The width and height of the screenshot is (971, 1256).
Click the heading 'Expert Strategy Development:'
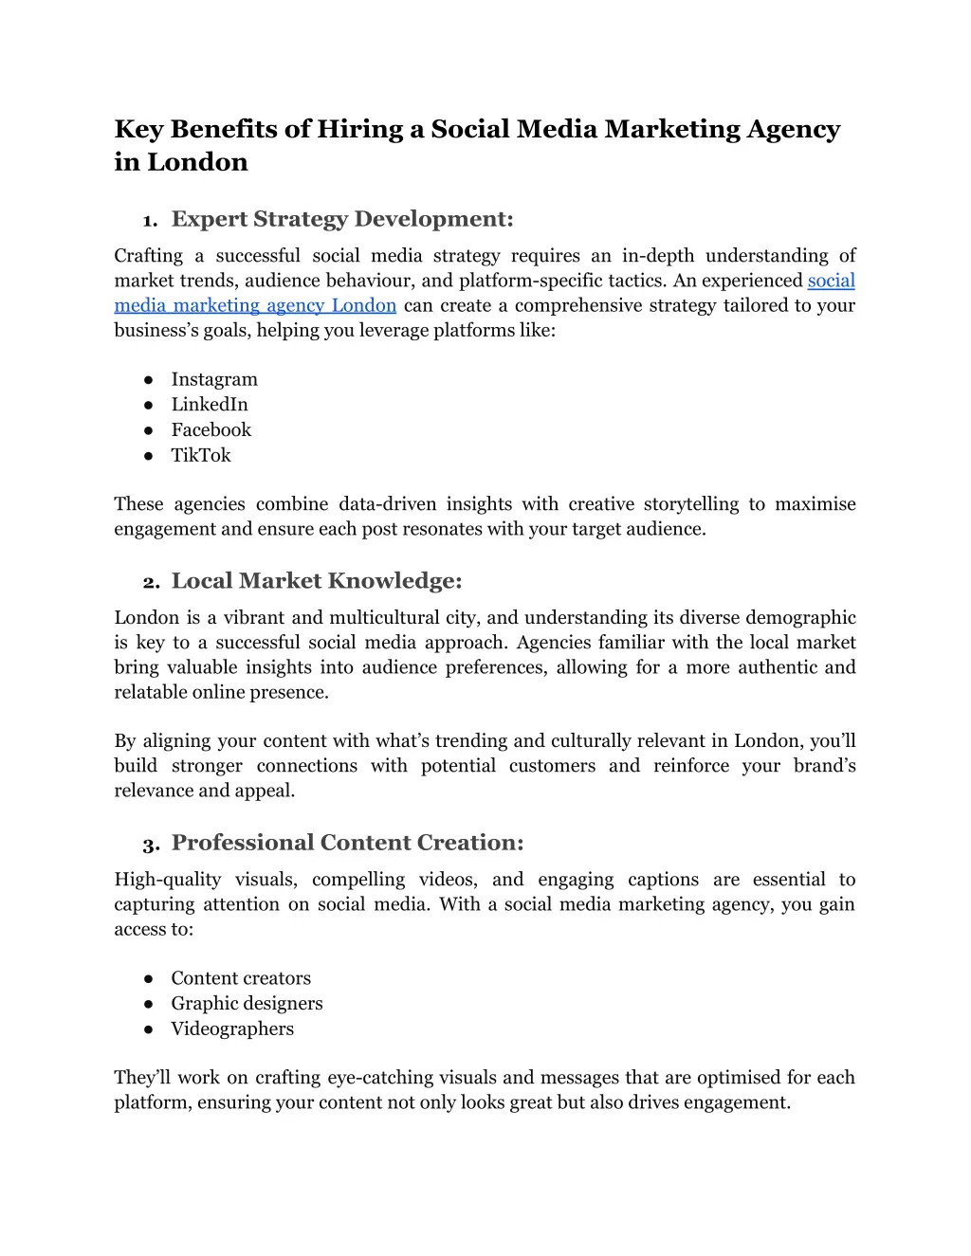point(342,220)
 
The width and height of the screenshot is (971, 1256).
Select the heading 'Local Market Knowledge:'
point(317,581)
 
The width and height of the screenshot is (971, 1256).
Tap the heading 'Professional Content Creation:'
point(347,843)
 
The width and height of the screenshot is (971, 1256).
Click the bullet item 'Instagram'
point(214,379)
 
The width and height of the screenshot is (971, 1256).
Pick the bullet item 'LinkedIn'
point(210,405)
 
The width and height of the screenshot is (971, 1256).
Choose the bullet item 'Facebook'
point(211,430)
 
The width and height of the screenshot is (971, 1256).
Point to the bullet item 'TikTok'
point(201,456)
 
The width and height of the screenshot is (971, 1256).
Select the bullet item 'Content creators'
point(241,978)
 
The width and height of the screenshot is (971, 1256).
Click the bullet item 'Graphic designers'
point(247,1004)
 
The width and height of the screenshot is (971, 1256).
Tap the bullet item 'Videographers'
point(232,1029)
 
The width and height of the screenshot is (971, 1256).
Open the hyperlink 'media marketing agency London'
point(255,306)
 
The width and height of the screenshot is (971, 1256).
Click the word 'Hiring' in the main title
point(360,129)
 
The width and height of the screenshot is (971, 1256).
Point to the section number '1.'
point(150,222)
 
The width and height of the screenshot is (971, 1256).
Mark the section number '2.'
point(151,583)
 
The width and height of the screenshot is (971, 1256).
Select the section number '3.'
point(151,845)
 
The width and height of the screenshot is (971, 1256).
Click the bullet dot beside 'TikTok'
point(149,456)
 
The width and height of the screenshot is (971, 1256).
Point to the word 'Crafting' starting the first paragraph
point(149,256)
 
